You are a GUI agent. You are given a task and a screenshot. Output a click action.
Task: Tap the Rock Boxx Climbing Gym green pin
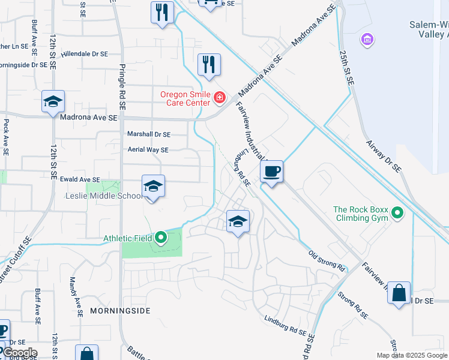(x=397, y=213)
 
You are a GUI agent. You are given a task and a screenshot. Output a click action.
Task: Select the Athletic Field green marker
(x=161, y=238)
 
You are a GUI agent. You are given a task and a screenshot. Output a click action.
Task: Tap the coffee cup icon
(x=272, y=172)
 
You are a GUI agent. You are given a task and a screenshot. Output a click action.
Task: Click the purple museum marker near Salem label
(x=367, y=40)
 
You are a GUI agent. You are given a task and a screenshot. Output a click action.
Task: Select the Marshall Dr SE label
(x=149, y=134)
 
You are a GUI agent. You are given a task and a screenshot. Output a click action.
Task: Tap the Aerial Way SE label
(x=148, y=150)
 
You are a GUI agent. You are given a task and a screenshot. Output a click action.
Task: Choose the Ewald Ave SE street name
(x=79, y=179)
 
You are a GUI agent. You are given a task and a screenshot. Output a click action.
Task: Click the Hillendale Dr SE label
(x=84, y=53)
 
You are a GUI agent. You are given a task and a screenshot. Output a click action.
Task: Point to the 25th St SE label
(x=346, y=66)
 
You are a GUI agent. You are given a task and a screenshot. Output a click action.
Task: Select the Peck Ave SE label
(x=6, y=137)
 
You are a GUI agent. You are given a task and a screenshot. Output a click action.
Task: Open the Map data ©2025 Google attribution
(x=411, y=355)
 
